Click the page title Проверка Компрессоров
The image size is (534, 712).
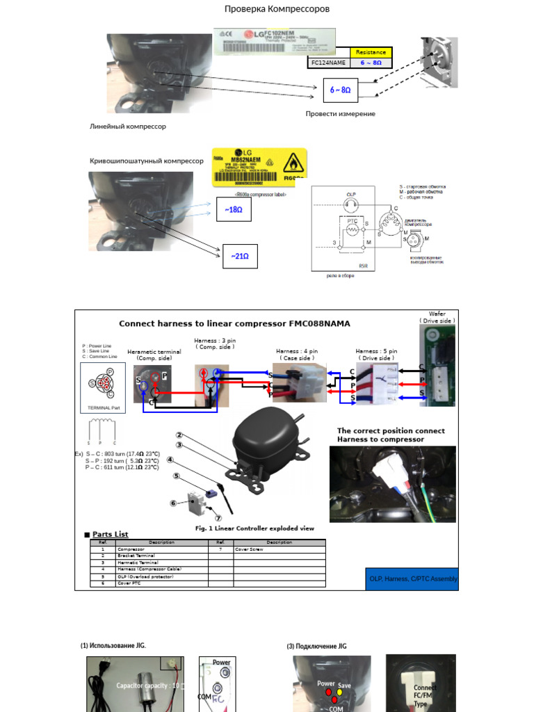click(x=277, y=9)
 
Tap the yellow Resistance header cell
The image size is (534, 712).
click(x=371, y=52)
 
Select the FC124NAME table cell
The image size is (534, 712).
click(x=327, y=63)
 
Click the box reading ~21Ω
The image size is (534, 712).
click(x=240, y=256)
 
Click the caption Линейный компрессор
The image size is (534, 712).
click(x=128, y=127)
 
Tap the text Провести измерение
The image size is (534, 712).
click(x=340, y=113)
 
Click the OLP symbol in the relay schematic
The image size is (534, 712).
click(x=350, y=204)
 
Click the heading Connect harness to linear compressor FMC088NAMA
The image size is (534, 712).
click(x=234, y=323)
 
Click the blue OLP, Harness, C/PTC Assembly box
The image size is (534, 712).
click(x=412, y=578)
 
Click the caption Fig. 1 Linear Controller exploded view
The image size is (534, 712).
click(x=255, y=528)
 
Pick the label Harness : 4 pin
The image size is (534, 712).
click(x=297, y=351)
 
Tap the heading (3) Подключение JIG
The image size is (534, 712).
click(x=316, y=646)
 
